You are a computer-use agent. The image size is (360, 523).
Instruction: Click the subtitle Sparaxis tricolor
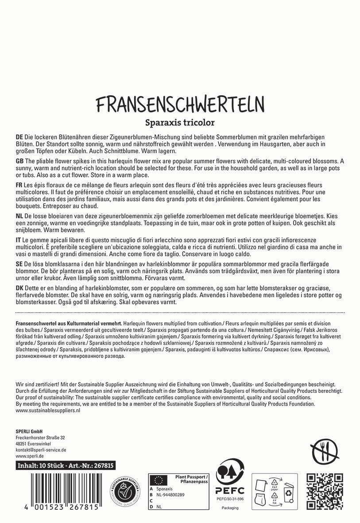tap(180, 122)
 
